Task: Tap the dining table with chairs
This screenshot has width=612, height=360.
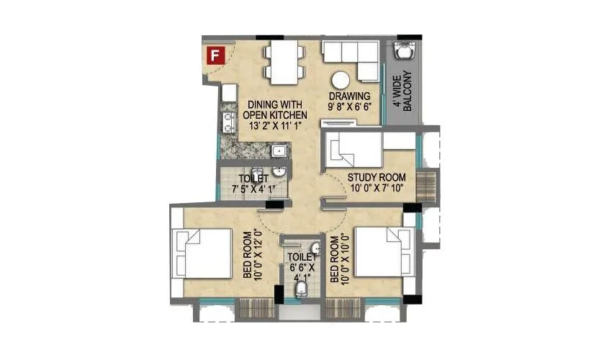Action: (285, 60)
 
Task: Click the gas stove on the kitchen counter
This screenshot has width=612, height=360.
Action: (228, 123)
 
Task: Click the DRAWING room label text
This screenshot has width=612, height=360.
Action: (349, 96)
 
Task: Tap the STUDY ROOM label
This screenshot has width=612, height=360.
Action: (376, 177)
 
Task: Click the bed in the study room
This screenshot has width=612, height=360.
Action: (353, 152)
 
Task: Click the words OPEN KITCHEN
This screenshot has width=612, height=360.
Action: (275, 115)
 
